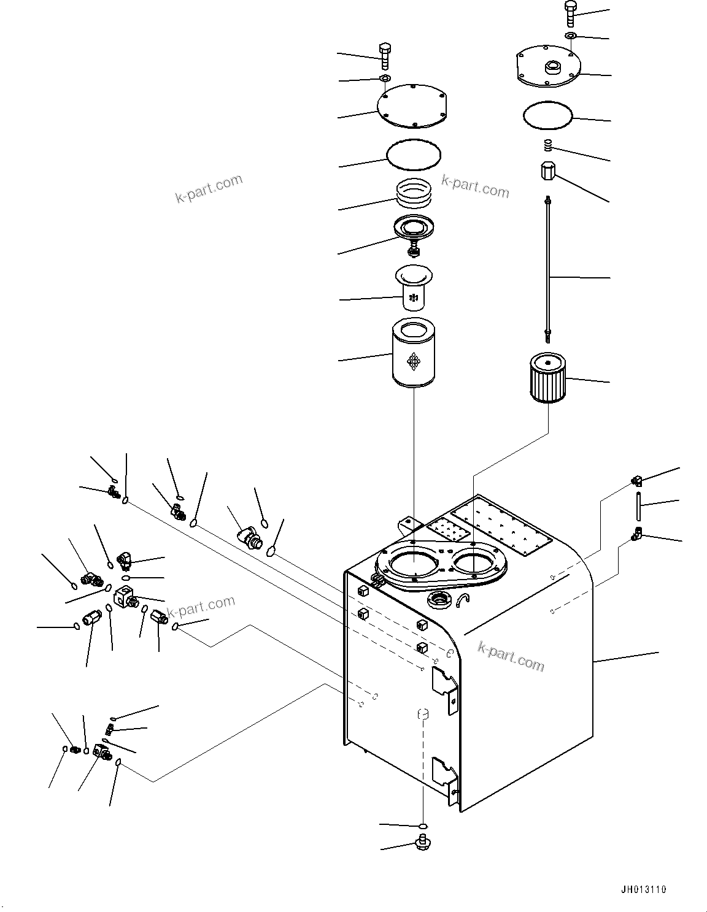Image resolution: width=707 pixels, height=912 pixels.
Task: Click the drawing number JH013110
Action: click(642, 889)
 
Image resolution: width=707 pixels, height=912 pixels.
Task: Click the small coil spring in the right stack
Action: click(549, 147)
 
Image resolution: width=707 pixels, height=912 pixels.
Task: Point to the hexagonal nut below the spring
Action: click(547, 171)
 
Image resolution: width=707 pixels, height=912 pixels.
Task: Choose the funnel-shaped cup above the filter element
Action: click(414, 286)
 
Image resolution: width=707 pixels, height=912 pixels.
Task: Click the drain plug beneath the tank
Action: click(423, 843)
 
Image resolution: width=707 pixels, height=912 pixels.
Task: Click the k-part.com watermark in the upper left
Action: click(209, 189)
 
